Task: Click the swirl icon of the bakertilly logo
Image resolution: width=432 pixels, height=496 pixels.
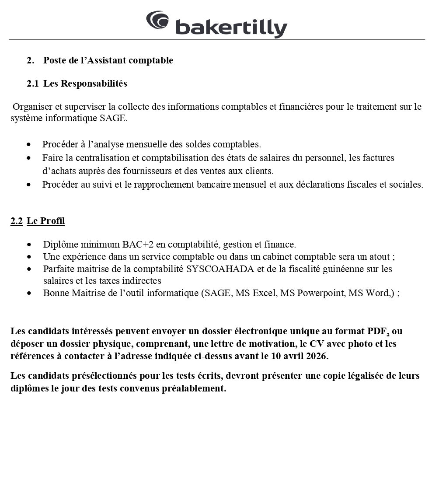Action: tap(157, 21)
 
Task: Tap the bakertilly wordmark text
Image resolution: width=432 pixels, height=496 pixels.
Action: tap(231, 28)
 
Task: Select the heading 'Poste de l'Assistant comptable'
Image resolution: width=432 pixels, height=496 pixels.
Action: tap(108, 60)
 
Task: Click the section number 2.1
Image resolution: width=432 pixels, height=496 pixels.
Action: tap(32, 84)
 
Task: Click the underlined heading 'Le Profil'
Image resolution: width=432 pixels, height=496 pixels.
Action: tap(46, 221)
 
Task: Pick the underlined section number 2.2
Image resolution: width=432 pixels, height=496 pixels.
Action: tap(17, 221)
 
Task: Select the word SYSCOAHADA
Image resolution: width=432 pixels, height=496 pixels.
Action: tap(220, 269)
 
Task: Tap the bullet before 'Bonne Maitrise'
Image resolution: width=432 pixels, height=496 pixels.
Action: tap(29, 293)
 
